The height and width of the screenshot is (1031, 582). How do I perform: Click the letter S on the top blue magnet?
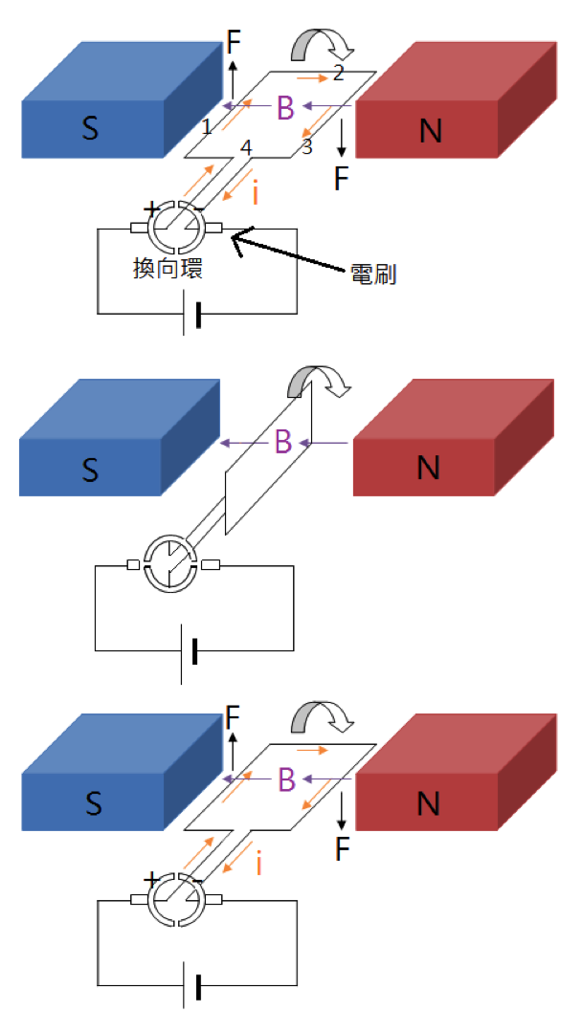(90, 129)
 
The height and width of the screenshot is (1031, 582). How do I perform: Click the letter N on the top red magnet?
(431, 131)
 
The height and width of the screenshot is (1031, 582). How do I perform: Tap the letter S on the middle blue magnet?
(90, 470)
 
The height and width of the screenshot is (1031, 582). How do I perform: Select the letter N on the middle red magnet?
(429, 468)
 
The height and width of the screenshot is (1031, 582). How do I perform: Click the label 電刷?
(374, 275)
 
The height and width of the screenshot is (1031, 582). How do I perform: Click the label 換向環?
(168, 269)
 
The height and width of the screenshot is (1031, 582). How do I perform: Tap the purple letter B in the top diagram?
(285, 108)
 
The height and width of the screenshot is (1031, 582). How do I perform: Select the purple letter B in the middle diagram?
(283, 442)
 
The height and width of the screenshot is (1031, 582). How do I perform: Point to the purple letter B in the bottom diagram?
(286, 779)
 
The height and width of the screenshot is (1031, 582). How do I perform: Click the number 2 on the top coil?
(338, 75)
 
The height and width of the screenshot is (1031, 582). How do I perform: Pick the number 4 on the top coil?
(246, 147)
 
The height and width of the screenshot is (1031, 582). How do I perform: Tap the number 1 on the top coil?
(206, 126)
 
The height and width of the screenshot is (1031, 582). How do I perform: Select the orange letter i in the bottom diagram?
(259, 865)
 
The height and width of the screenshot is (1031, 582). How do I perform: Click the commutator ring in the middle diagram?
(169, 563)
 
